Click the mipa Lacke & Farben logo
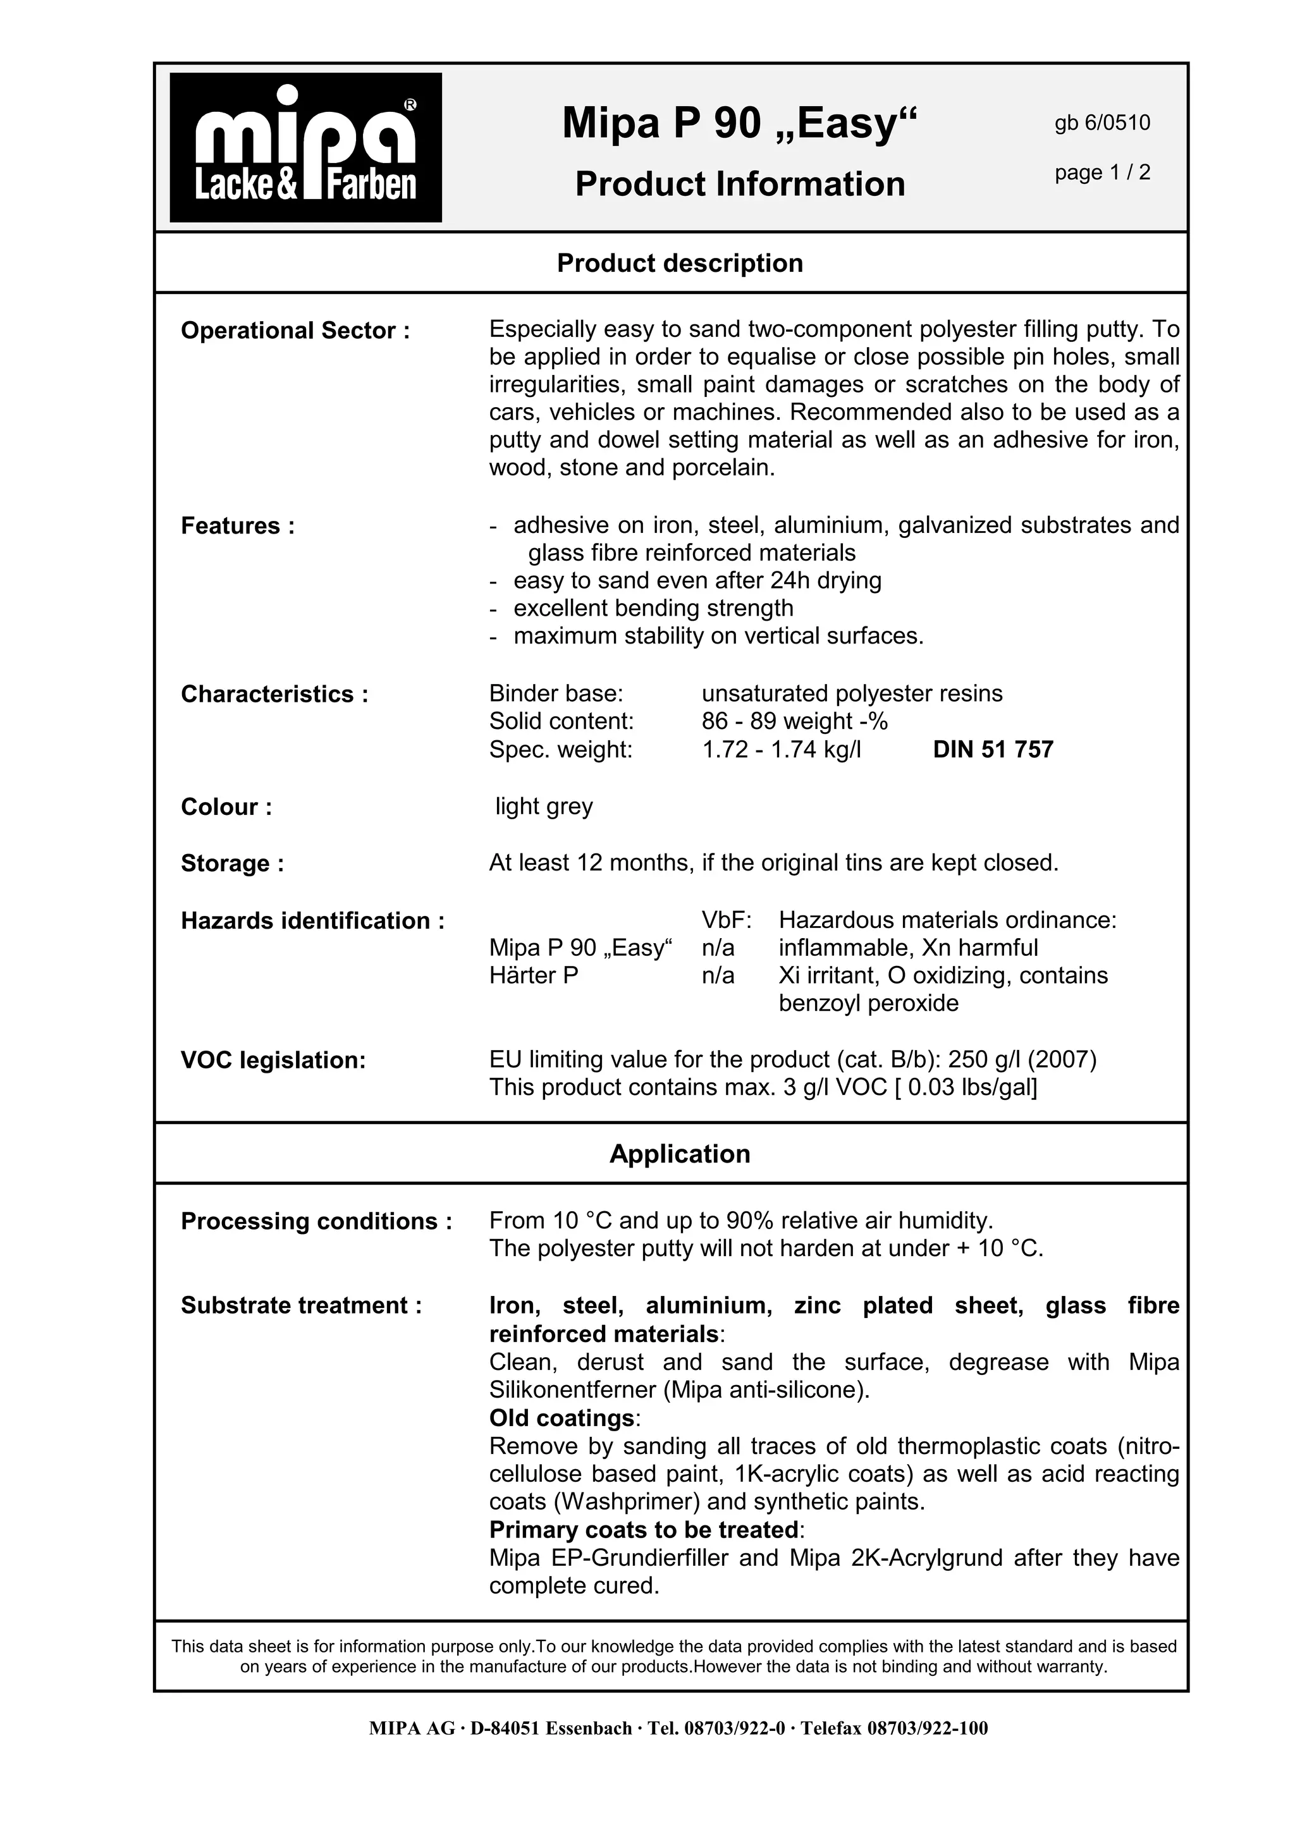(x=305, y=148)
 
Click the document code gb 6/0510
(x=1102, y=123)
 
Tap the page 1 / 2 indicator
(x=1102, y=173)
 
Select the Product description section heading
(x=680, y=264)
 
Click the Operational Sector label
(x=295, y=331)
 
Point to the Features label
(x=238, y=526)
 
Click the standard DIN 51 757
(x=993, y=749)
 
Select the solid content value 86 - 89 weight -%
(x=794, y=721)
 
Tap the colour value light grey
(x=544, y=806)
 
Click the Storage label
(x=232, y=864)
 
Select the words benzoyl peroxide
(x=868, y=1003)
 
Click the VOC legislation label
(x=273, y=1060)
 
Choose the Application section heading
(x=680, y=1154)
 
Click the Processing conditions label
(x=316, y=1221)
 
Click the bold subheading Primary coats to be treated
(x=643, y=1530)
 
